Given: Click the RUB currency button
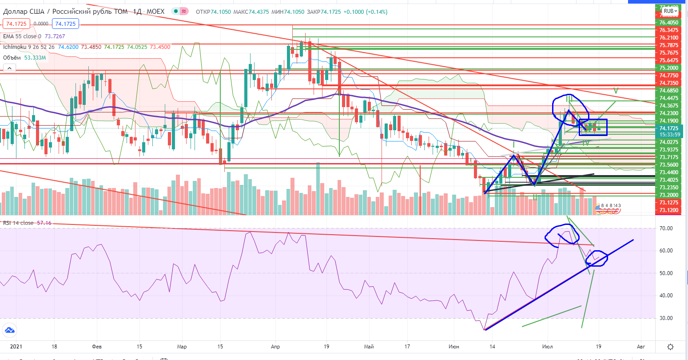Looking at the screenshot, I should coord(670,11).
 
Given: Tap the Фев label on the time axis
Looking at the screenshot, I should coord(95,346).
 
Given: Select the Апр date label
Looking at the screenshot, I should coord(275,346).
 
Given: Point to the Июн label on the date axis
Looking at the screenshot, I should coord(454,346).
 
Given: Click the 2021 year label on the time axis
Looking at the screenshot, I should coord(10,346).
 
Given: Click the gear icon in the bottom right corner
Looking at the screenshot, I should coord(670,347).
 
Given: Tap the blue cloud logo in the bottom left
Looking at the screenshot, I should coord(9,330).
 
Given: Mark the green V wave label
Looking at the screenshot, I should coord(615,90).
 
